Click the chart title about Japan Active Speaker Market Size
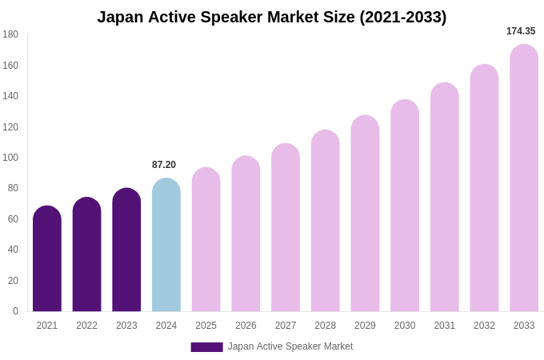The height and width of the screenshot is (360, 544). tap(272, 17)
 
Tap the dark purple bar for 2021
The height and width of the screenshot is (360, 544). tap(47, 260)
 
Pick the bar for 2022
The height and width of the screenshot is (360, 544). tap(86, 256)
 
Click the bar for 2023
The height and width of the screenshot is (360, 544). tap(126, 252)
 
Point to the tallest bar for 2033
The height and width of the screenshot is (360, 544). tap(524, 180)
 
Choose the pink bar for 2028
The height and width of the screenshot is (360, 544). tap(326, 222)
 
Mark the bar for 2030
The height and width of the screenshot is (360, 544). tap(405, 208)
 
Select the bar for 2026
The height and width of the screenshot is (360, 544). tap(246, 236)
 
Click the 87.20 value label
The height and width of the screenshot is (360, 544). tap(164, 165)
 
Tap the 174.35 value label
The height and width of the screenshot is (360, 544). tap(521, 31)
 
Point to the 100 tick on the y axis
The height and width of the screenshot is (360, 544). tap(10, 158)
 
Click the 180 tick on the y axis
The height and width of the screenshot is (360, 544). tap(10, 34)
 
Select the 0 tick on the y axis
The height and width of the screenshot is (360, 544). tap(15, 311)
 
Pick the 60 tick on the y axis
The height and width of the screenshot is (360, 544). tap(13, 219)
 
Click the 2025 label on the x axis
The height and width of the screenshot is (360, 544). tap(206, 326)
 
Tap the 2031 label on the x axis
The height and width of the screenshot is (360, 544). tap(445, 326)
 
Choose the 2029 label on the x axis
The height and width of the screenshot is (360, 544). tap(365, 326)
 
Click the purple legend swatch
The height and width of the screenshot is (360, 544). tap(206, 347)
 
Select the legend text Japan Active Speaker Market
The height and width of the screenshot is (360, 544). tap(290, 346)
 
